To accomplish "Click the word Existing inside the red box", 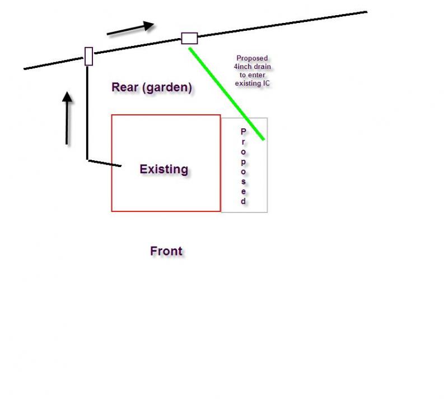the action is click(x=164, y=169).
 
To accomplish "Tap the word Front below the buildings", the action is click(x=166, y=251).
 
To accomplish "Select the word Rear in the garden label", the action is click(x=125, y=87).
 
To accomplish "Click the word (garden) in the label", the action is click(x=167, y=87).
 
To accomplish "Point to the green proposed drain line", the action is click(x=226, y=94).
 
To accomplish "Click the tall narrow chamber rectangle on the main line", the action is click(x=89, y=57).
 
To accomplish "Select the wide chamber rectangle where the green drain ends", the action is click(x=189, y=38).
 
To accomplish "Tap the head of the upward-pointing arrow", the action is click(x=67, y=96).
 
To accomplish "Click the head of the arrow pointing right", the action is click(x=148, y=26).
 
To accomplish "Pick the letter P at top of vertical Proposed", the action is click(x=243, y=132).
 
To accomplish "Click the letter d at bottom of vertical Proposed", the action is click(x=243, y=201).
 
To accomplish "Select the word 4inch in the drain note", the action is click(x=242, y=67).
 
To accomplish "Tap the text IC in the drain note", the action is click(x=267, y=84).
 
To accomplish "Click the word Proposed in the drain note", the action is click(x=252, y=58).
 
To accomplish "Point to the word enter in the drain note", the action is click(x=256, y=75).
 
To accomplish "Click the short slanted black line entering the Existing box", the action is click(x=105, y=163).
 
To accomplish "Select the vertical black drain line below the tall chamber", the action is click(x=87, y=112).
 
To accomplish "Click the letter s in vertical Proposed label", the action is click(x=243, y=182).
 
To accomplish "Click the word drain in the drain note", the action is click(x=262, y=67).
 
